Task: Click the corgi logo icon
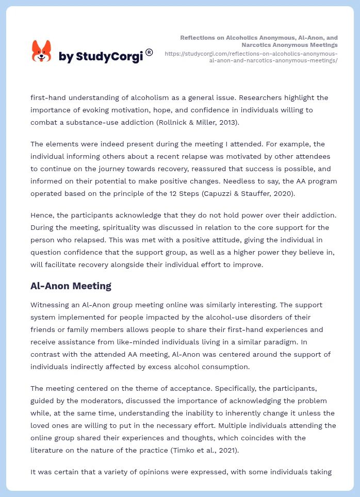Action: point(41,51)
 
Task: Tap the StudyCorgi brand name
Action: point(101,56)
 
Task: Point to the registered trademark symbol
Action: point(149,52)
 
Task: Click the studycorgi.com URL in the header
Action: point(251,57)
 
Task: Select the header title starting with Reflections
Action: point(259,41)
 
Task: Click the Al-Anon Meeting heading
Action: point(71,286)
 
